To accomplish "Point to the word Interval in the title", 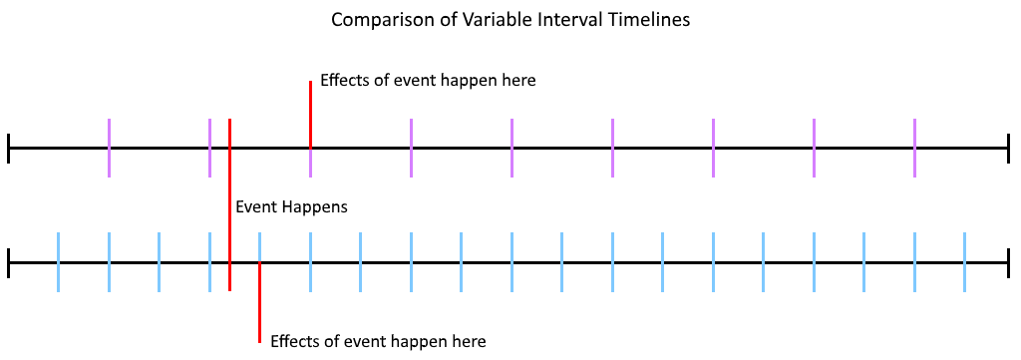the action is click(x=568, y=20).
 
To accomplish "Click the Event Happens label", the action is click(x=291, y=207).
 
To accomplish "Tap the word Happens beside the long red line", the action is click(x=315, y=208).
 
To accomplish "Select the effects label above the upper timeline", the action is click(x=428, y=82).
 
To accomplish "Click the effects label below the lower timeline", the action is click(x=378, y=341).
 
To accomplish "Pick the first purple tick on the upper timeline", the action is click(x=109, y=148).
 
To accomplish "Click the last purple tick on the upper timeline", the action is click(x=914, y=148).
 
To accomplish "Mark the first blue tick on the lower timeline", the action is click(x=59, y=262).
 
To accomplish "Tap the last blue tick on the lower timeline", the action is click(x=964, y=262).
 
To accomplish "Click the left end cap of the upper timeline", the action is click(x=8, y=148).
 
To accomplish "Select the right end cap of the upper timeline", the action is click(x=1009, y=148).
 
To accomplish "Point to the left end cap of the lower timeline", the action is click(x=8, y=262).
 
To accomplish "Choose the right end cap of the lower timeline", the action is click(x=1009, y=262).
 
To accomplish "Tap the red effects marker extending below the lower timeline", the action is click(x=260, y=302).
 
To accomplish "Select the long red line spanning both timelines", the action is click(x=230, y=205).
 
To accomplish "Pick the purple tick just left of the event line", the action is click(x=209, y=148).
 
